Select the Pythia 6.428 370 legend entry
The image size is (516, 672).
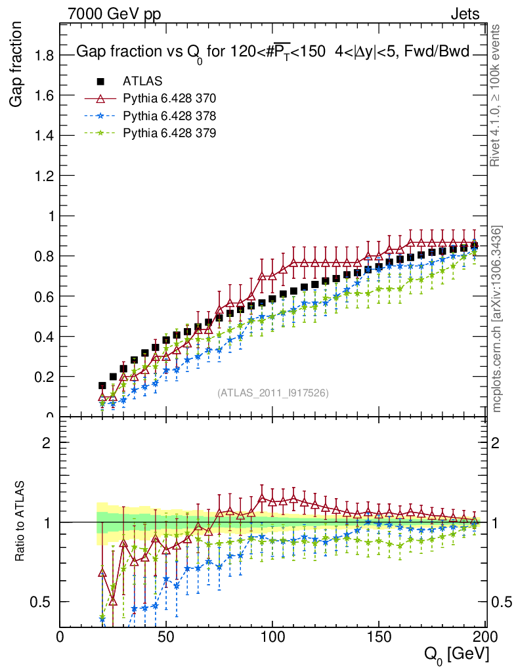coord(169,99)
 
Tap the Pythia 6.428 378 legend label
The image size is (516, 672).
coord(169,116)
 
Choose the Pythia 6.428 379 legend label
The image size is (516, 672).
coord(169,133)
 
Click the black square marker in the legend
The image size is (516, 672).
coord(100,82)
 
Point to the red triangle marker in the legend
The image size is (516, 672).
coord(100,99)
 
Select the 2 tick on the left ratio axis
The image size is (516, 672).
coord(47,442)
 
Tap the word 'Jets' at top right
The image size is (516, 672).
coord(464,13)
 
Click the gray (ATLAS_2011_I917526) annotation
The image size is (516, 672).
coord(273,392)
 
